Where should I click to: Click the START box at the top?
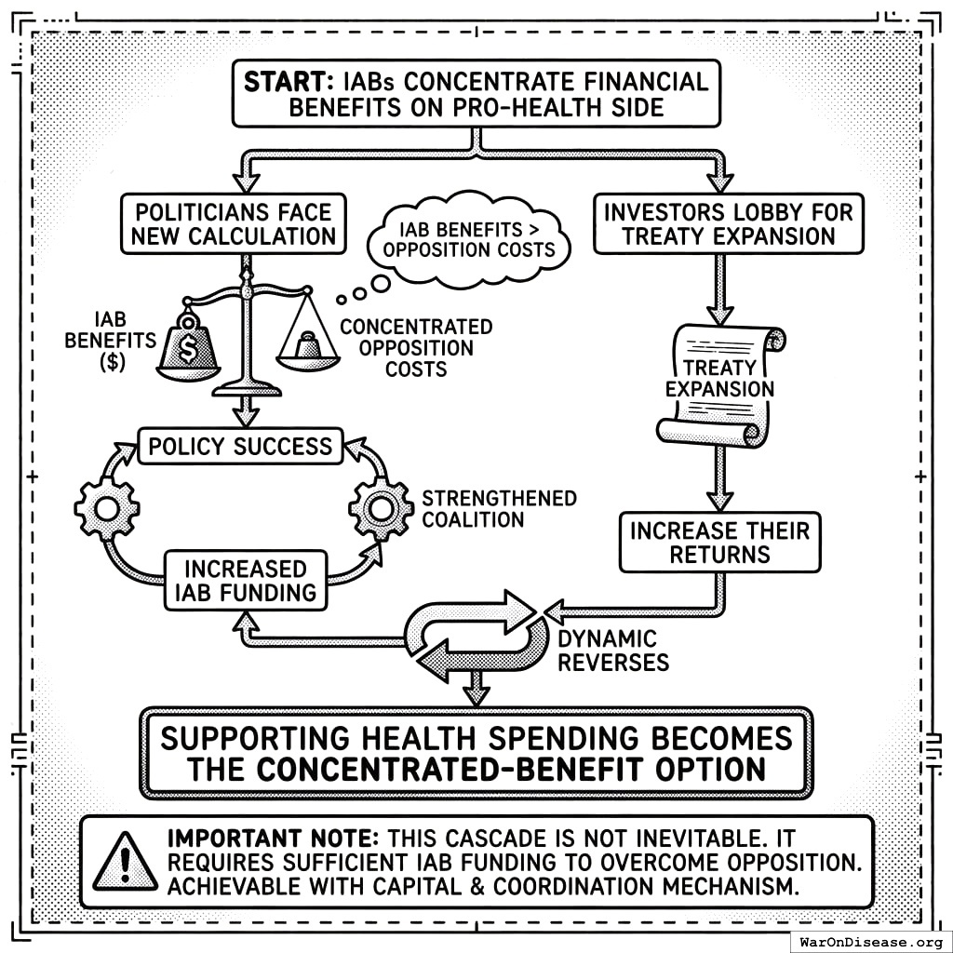point(476,94)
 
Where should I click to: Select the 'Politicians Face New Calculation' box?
point(233,223)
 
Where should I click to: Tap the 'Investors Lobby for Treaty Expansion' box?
point(728,223)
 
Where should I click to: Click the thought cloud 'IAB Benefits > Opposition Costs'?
point(476,238)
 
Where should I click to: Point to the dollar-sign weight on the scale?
point(189,346)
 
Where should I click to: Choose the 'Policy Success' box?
point(240,446)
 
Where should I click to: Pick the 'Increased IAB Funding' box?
point(245,580)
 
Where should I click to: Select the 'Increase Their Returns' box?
point(719,543)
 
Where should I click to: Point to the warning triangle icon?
point(125,861)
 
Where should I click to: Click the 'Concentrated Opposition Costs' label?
point(415,348)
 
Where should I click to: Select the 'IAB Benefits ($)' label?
point(110,341)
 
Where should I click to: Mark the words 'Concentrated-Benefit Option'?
point(510,770)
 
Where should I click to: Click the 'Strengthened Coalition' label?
point(499,508)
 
